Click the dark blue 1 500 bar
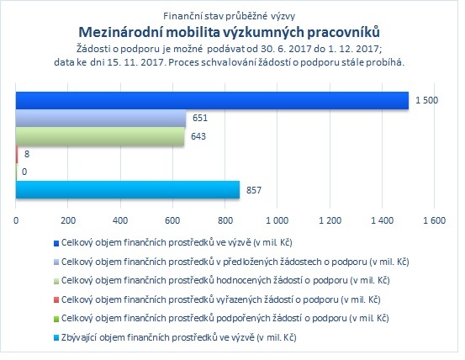(212, 101)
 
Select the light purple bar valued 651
(101, 119)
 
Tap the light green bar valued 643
(100, 136)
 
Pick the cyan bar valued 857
(128, 190)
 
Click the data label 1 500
(426, 100)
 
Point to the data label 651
(200, 118)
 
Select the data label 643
(198, 136)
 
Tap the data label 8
(27, 154)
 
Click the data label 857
(254, 190)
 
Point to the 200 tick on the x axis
(68, 220)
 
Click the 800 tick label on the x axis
(225, 220)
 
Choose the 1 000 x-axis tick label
(277, 220)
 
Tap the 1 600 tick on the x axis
(434, 220)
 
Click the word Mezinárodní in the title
(120, 32)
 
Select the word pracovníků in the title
(343, 32)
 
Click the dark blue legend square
(56, 243)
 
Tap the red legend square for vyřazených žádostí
(56, 300)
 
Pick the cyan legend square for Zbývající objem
(56, 338)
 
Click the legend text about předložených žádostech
(235, 262)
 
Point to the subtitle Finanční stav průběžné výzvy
(230, 16)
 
